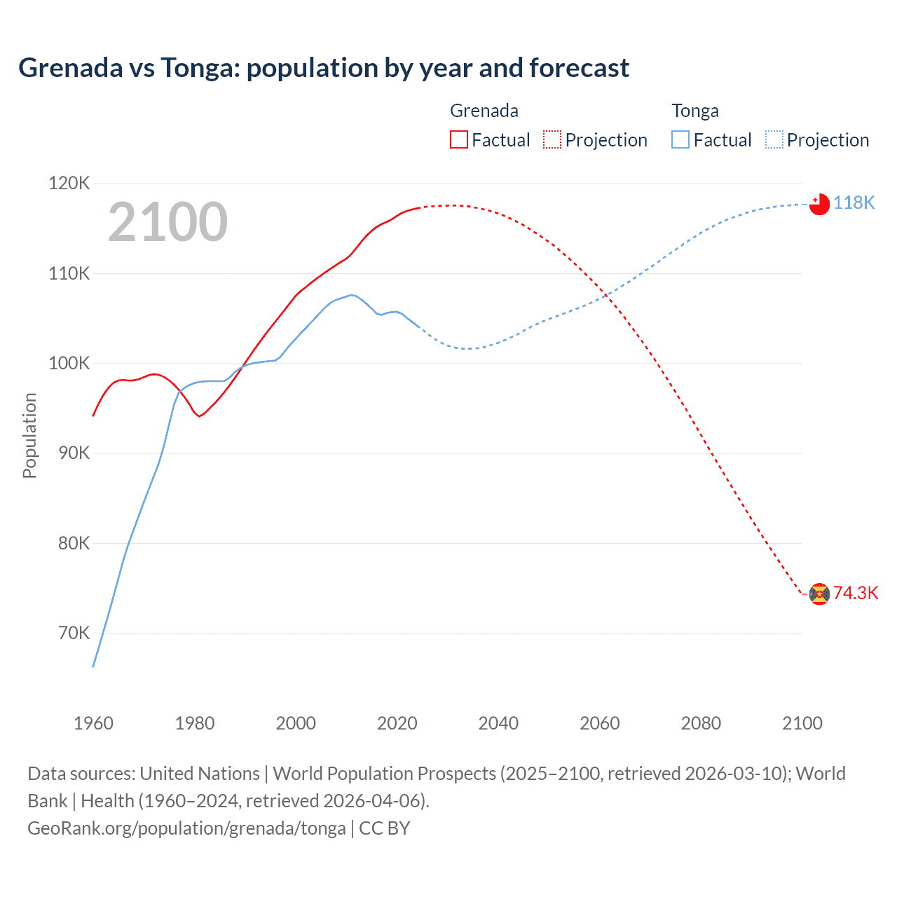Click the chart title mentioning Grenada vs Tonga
pos(323,68)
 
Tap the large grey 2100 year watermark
pos(167,222)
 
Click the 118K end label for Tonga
pos(854,203)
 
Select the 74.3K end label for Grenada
pos(855,593)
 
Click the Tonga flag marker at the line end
pos(819,204)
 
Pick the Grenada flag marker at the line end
pos(819,594)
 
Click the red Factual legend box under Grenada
pos(458,139)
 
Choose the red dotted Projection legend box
pos(552,139)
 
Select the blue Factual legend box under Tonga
pos(680,139)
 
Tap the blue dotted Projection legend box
pos(774,139)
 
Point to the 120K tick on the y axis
pos(69,184)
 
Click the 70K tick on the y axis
pos(74,634)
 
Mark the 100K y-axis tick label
pos(69,364)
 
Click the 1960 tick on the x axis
pos(93,723)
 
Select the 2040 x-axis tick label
pos(498,723)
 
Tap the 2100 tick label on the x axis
pos(802,723)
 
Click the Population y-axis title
pos(29,435)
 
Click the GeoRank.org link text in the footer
pos(186,828)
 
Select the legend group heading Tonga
pos(695,111)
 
